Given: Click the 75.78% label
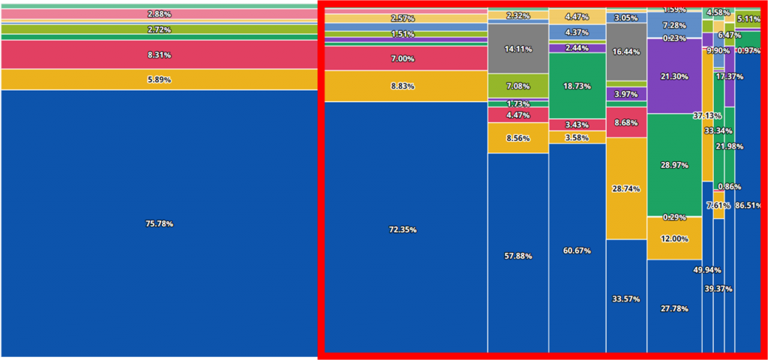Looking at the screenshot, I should pos(159,223).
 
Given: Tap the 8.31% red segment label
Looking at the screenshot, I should pos(159,55).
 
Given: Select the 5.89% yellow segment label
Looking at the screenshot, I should pos(159,79).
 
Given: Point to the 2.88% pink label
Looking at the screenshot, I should pos(159,14).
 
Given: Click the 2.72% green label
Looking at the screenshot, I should pos(159,29).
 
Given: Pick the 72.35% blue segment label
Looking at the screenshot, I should pos(403,229).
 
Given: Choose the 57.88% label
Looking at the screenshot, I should pos(518,256).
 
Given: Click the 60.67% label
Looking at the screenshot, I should pos(577,250).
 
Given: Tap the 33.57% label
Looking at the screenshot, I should pos(626,298).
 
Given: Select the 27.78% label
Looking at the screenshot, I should pos(674,308).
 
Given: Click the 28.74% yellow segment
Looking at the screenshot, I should pos(626,188).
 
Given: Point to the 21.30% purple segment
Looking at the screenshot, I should pos(674,76).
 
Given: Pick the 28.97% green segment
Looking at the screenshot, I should pos(674,163).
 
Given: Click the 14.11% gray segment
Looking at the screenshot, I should pos(518,49).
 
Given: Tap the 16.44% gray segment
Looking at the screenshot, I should pos(626,52).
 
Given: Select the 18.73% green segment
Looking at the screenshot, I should pos(577,86).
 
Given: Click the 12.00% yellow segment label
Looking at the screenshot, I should pos(674,238).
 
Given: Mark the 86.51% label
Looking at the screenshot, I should pos(748,205).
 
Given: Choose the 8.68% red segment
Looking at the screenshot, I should pos(626,122).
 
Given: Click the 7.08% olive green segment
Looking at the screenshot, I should pos(518,85).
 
